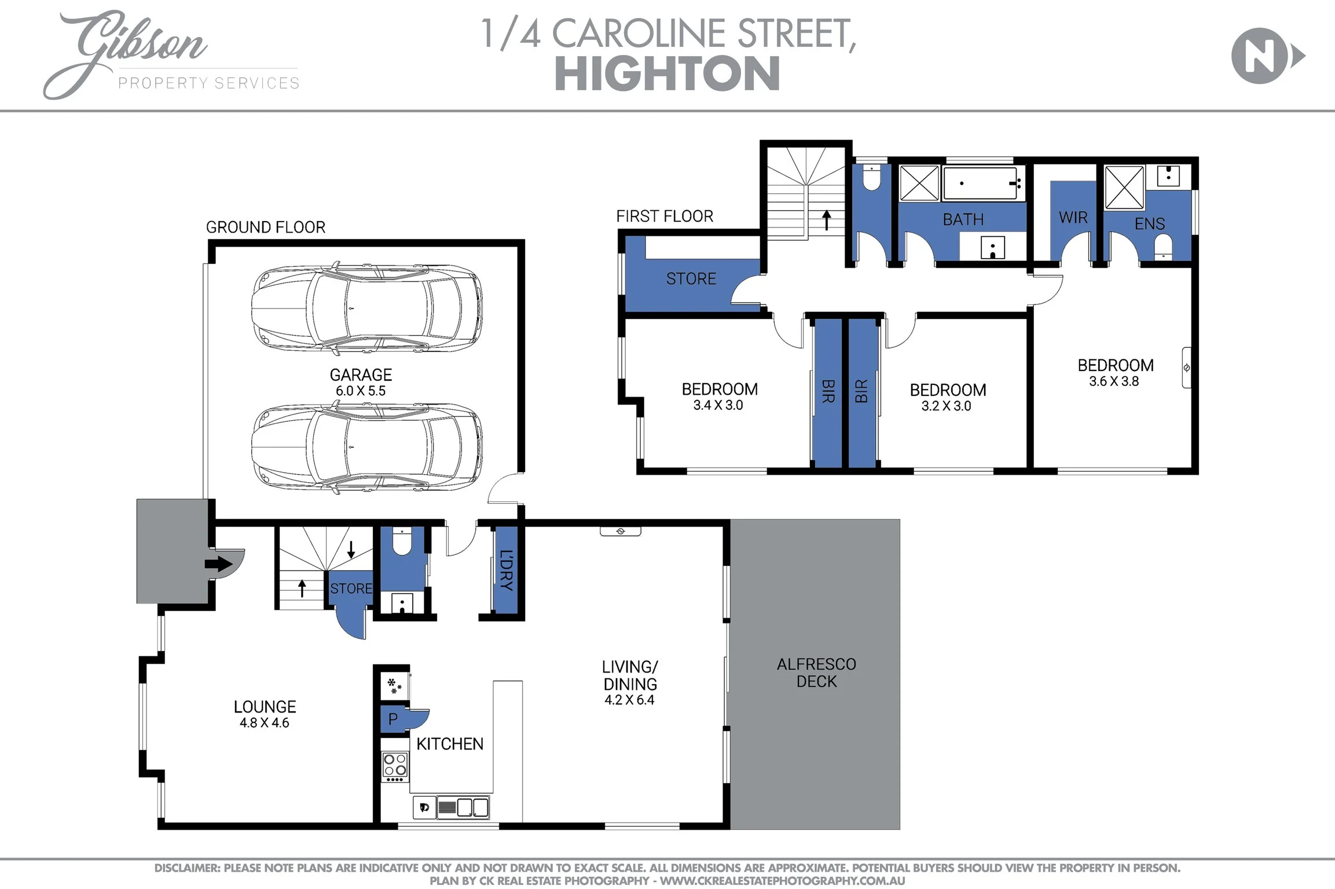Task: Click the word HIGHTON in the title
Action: point(667,74)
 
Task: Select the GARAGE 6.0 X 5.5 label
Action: point(361,382)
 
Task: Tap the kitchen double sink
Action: point(473,807)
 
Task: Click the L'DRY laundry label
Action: point(507,570)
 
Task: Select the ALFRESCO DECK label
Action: point(816,673)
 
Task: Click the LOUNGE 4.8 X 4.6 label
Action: point(265,714)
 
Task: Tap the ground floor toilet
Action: point(402,542)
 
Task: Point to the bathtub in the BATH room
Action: point(981,183)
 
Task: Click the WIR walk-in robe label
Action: point(1073,218)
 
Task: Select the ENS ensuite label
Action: point(1149,224)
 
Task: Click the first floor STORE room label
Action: point(691,279)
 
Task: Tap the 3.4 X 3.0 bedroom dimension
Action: point(718,405)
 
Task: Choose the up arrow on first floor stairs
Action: point(827,219)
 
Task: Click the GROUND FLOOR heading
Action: point(266,227)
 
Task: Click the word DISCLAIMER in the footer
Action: point(186,868)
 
